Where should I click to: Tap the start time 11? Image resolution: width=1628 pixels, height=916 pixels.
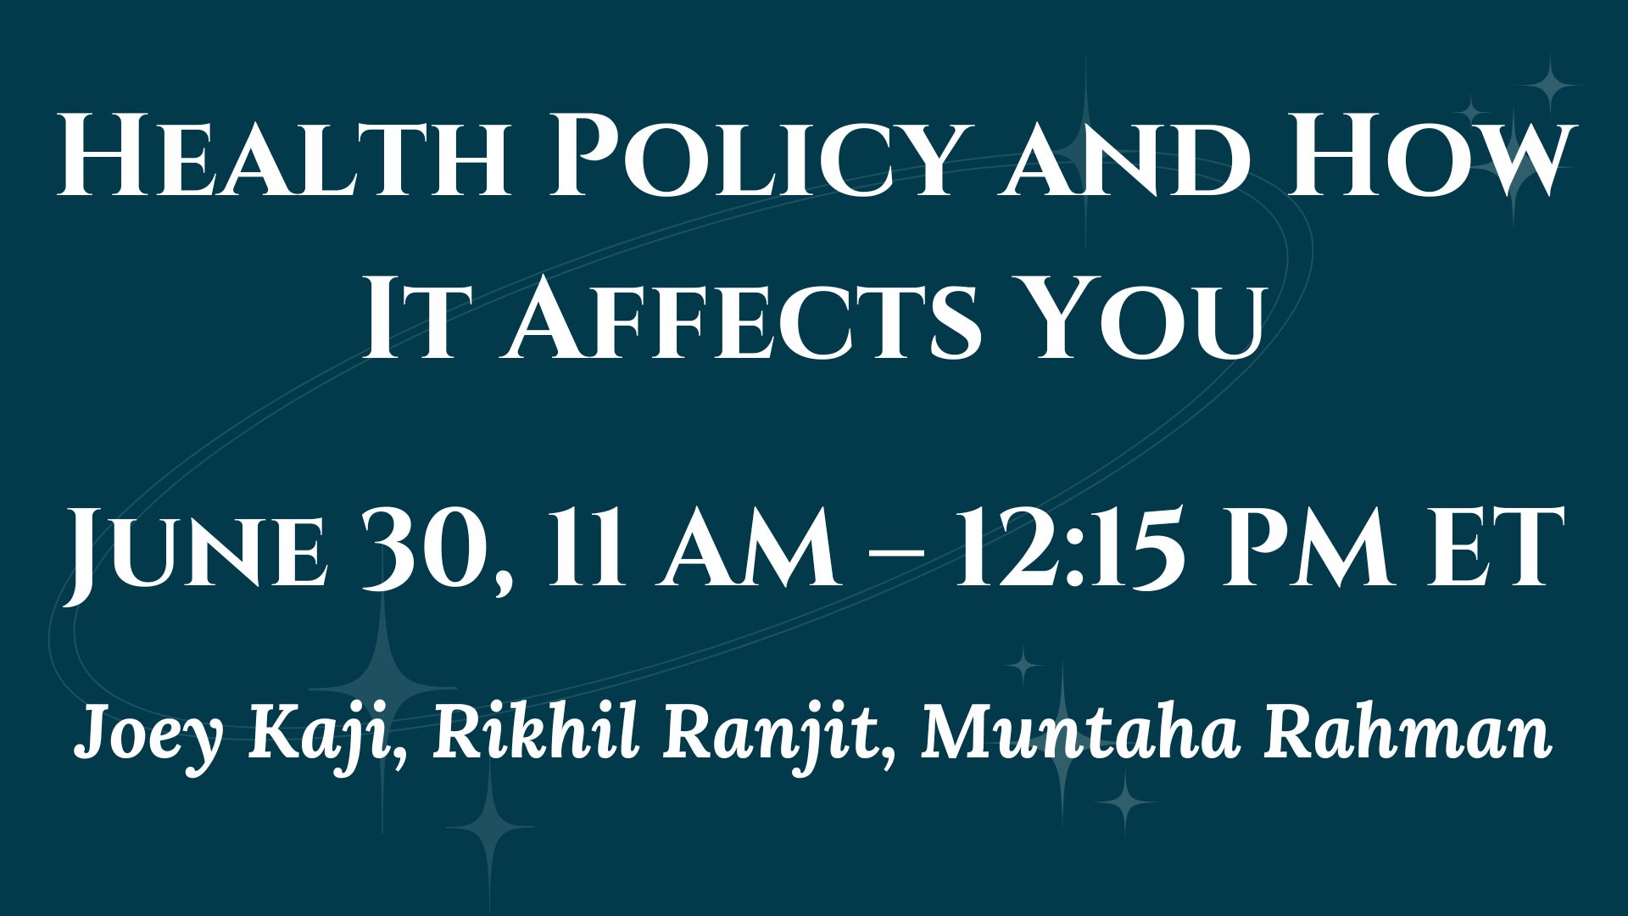pos(584,548)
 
